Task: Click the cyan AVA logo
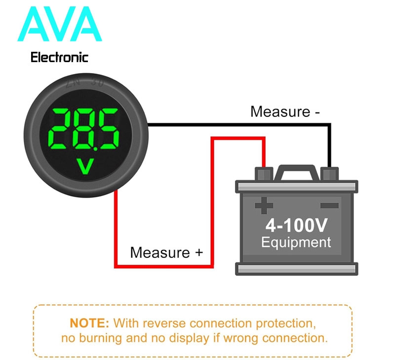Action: (60, 24)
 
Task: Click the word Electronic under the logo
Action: (59, 57)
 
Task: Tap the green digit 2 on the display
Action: (59, 129)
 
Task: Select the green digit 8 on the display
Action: (84, 129)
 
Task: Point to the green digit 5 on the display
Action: (108, 129)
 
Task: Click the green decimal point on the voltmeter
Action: (95, 149)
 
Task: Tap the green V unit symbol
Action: (85, 166)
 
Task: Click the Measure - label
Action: (285, 111)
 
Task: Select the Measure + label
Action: (166, 252)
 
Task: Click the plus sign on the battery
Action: (264, 206)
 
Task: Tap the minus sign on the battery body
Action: (329, 206)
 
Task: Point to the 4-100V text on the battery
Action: (297, 225)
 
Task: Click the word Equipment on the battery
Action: (296, 243)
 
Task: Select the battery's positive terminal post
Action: (264, 174)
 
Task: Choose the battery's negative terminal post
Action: (329, 174)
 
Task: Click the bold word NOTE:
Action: (89, 323)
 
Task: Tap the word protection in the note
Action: (286, 324)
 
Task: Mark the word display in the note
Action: (189, 338)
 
